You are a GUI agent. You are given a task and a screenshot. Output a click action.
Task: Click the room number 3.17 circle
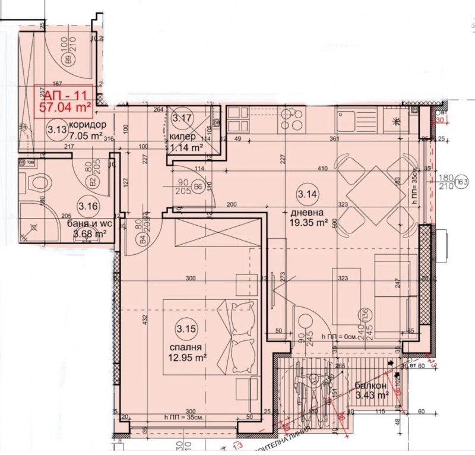coord(181,118)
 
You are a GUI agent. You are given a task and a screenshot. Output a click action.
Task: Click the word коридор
coord(87,125)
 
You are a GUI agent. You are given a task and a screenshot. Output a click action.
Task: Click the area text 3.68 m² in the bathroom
coord(89,235)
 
